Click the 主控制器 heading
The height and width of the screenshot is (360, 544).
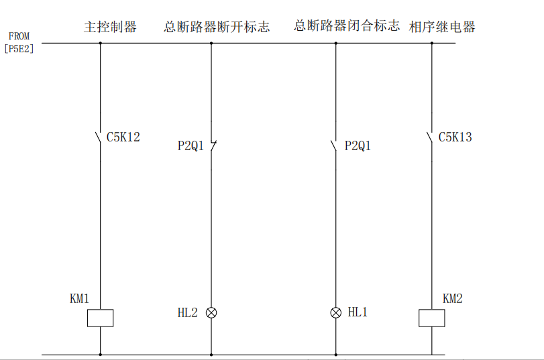[x=110, y=27]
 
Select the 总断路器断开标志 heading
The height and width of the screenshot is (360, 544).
[x=217, y=27]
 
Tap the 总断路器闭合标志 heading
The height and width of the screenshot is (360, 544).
[x=347, y=25]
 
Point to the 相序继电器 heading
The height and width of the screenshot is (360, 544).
[x=442, y=27]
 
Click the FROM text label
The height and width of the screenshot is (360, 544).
[x=19, y=36]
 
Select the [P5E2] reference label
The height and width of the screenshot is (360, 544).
[x=19, y=48]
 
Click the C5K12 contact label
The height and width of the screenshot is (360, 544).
[x=123, y=137]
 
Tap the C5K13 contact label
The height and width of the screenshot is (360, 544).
[x=455, y=137]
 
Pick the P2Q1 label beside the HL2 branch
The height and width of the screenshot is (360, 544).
[x=191, y=145]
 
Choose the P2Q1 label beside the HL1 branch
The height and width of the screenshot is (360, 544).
[x=358, y=145]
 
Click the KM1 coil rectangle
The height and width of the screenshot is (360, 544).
[x=100, y=318]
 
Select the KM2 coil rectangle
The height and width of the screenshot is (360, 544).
[x=431, y=318]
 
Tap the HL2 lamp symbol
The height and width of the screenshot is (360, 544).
[x=211, y=312]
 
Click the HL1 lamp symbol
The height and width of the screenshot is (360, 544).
[x=336, y=312]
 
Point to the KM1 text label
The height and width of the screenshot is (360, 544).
[x=79, y=299]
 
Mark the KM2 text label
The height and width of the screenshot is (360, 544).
[x=453, y=299]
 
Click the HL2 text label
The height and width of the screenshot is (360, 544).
[x=188, y=312]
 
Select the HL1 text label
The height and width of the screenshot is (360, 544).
[x=358, y=312]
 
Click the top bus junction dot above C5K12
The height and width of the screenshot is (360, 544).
[x=100, y=44]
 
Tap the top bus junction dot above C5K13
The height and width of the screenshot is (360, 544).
[x=431, y=44]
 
